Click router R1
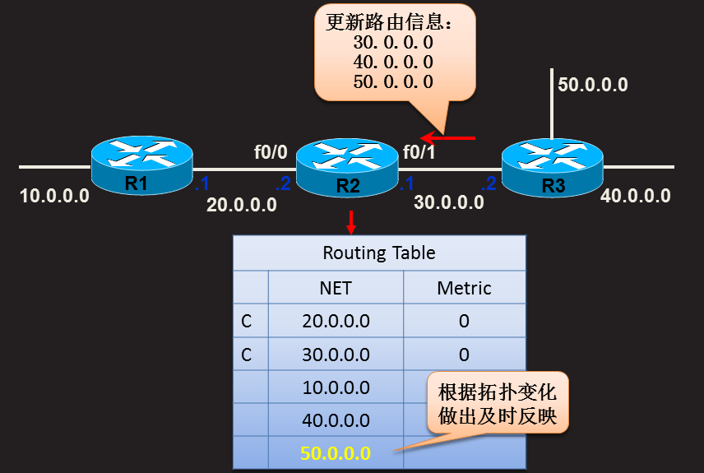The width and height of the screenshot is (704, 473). click(141, 165)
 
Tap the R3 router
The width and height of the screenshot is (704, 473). click(552, 167)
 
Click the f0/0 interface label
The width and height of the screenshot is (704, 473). click(271, 152)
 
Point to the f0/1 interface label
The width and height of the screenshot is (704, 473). click(419, 152)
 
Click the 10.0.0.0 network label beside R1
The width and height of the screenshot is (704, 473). click(55, 197)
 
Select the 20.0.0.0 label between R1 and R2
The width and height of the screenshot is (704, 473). click(242, 206)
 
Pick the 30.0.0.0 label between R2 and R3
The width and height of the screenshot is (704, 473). click(448, 202)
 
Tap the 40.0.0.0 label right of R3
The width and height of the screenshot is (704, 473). click(636, 196)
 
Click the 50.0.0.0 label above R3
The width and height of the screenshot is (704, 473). click(593, 84)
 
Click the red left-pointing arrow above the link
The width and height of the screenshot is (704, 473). click(447, 137)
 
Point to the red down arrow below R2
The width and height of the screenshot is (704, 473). click(351, 220)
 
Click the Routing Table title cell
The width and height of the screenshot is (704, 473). click(378, 253)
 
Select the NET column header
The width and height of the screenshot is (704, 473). click(336, 288)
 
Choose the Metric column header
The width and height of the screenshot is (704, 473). click(464, 288)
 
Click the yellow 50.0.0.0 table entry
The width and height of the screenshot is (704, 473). click(336, 453)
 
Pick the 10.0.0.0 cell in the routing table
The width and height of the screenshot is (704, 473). click(336, 387)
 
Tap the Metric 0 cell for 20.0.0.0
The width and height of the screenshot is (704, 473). click(464, 321)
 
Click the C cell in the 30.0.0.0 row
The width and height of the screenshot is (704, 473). click(247, 355)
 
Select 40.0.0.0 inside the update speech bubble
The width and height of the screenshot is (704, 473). click(392, 62)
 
